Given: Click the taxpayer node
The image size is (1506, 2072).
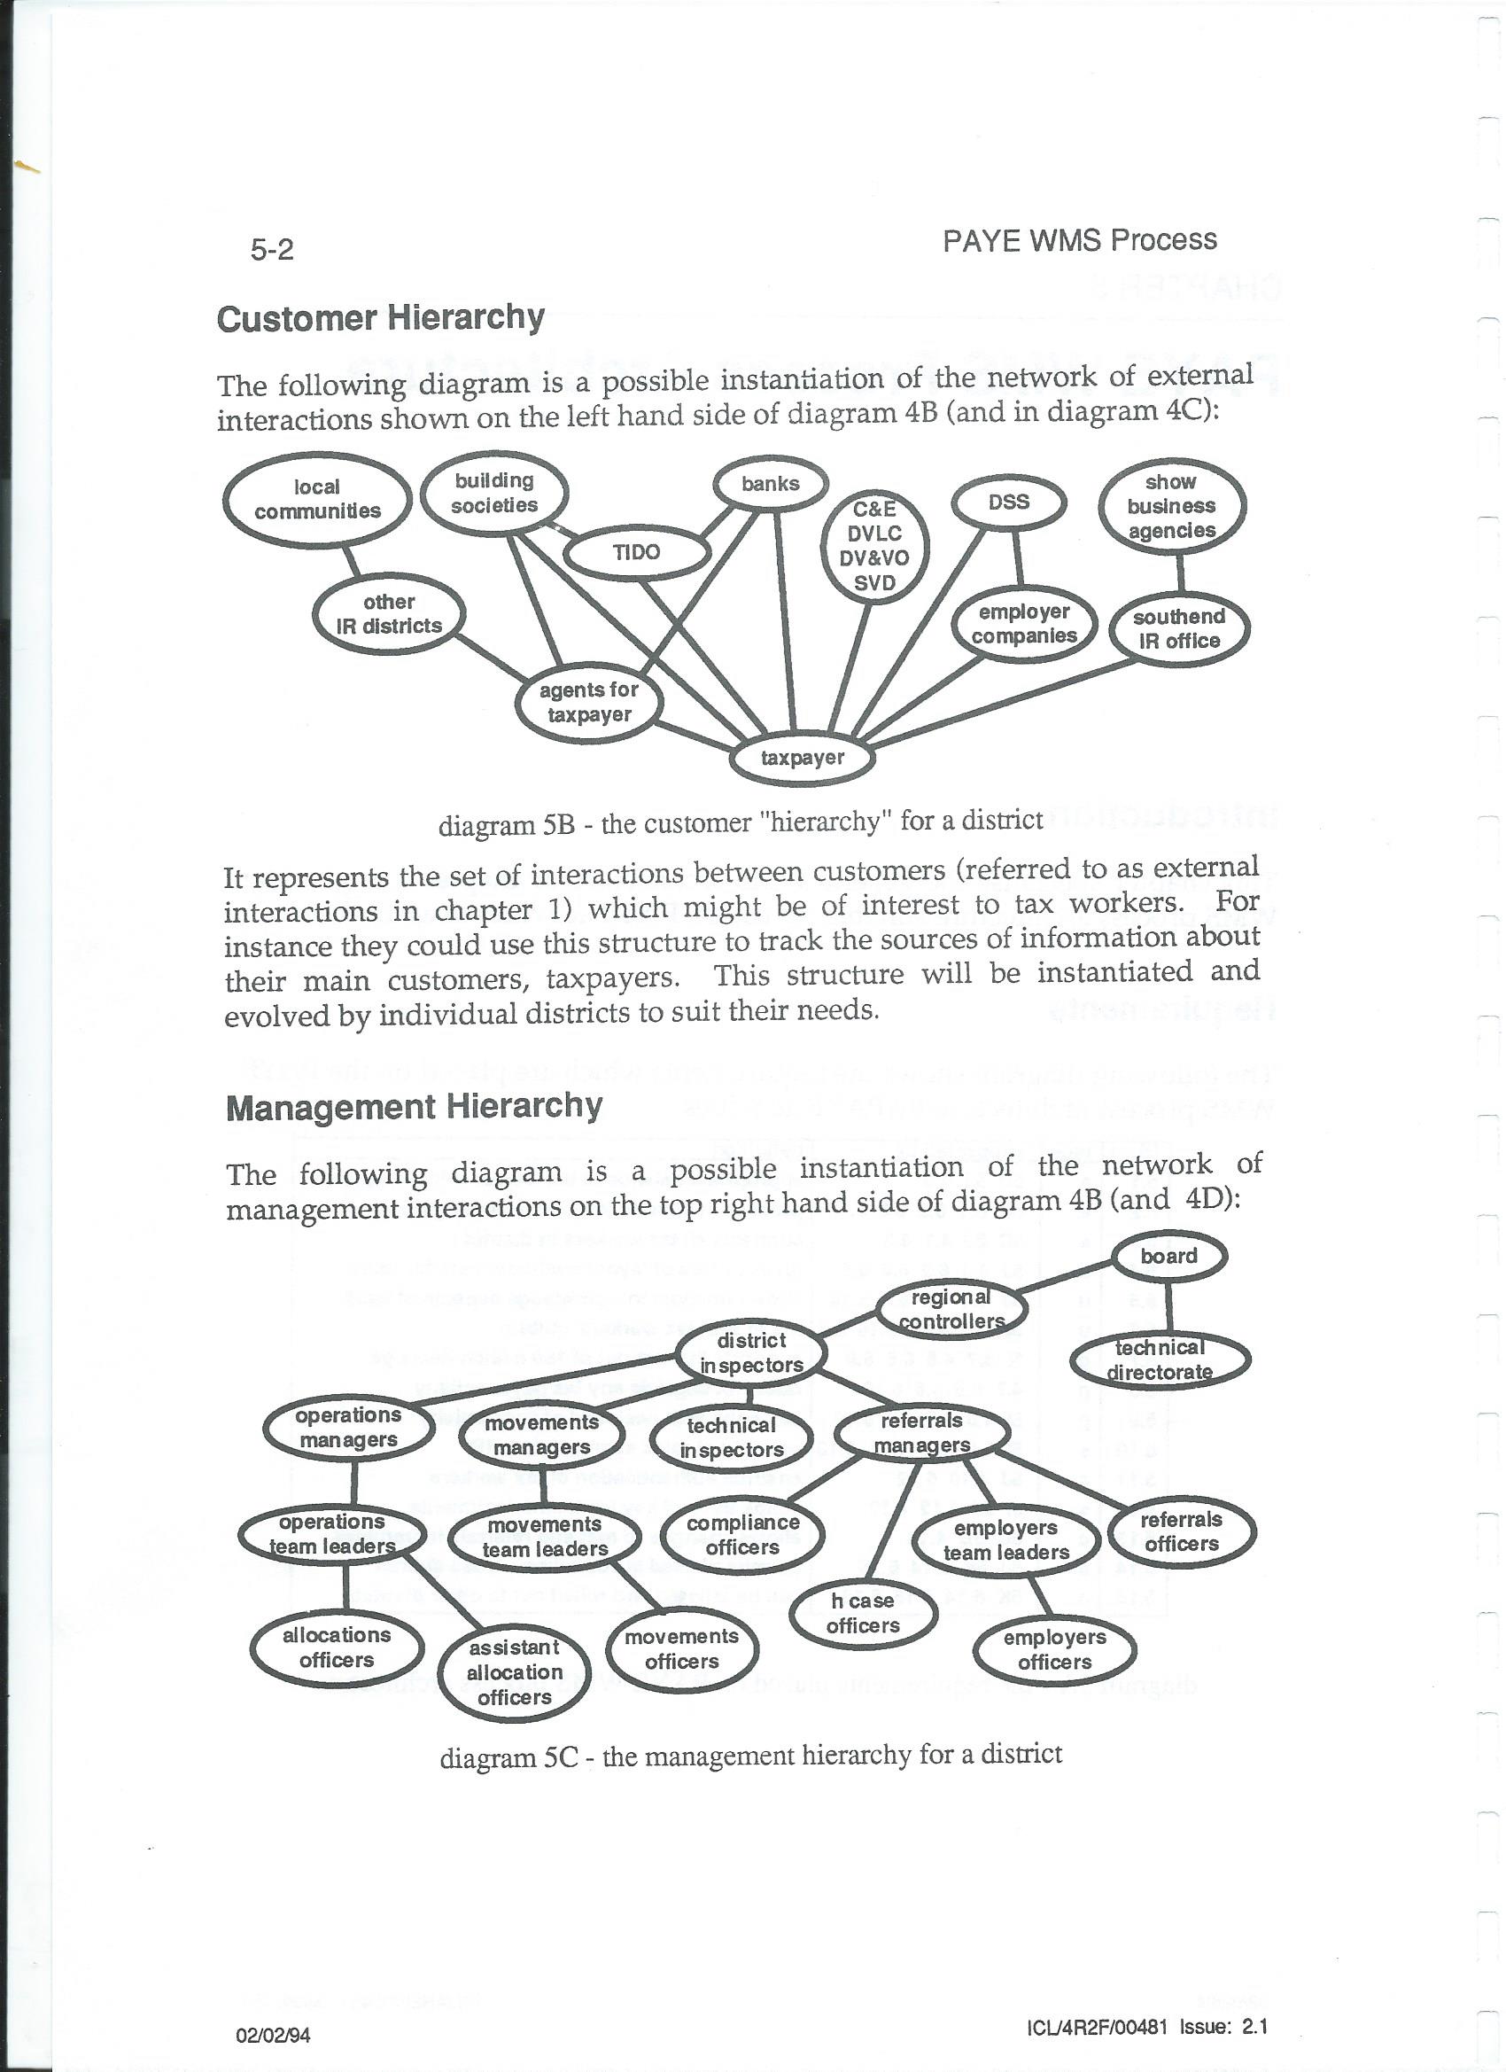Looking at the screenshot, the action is [x=802, y=758].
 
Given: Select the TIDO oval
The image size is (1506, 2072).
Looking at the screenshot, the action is [x=637, y=552].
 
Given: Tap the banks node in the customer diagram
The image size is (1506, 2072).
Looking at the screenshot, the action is [x=770, y=483].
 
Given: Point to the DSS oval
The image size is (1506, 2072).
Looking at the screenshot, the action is [x=1008, y=502].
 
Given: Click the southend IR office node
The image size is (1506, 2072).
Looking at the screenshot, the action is [x=1179, y=628].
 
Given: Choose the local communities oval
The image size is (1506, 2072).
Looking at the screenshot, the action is [x=317, y=500].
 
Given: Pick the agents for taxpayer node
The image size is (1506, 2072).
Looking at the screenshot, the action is [x=589, y=703].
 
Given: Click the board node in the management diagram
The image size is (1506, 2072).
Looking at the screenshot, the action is [x=1168, y=1256].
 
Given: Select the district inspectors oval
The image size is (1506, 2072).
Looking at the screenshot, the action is [x=750, y=1353].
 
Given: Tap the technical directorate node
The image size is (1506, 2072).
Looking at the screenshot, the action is [x=1159, y=1360].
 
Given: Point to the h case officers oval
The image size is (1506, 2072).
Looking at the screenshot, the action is [x=862, y=1614].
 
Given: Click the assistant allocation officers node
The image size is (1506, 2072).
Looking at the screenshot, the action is [x=514, y=1671].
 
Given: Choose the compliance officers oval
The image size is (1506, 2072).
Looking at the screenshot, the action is [x=742, y=1535].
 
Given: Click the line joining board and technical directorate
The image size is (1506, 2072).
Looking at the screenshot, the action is [x=1168, y=1307].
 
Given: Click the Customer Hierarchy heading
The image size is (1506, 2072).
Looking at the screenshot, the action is [x=380, y=318].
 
